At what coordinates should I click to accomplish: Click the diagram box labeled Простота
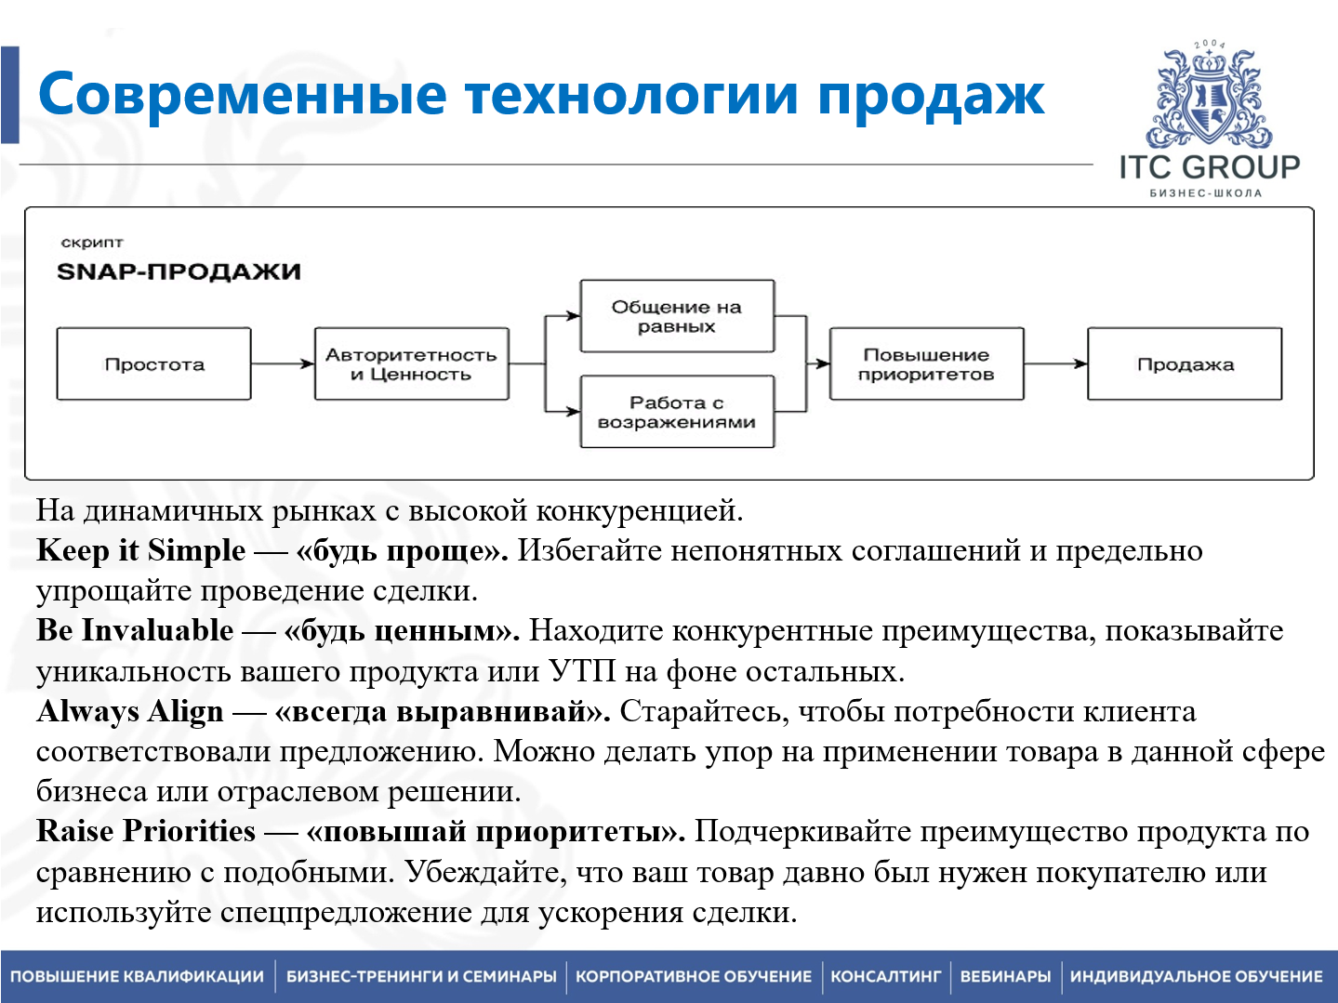153,364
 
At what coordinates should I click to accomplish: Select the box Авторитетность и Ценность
411,364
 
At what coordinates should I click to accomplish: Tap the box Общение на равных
677,316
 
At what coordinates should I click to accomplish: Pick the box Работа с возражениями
677,412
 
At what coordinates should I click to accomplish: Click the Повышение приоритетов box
926,364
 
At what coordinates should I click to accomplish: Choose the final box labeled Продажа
1185,364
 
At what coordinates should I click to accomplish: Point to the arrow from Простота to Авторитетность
283,364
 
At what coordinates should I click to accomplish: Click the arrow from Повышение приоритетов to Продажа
1055,364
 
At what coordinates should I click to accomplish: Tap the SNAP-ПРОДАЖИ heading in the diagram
179,272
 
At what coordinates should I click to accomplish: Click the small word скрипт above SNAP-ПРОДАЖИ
91,243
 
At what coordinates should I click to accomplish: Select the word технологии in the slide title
631,95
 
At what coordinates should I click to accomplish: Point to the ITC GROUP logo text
1209,167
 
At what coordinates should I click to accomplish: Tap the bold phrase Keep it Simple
140,550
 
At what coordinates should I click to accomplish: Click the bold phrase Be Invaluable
135,630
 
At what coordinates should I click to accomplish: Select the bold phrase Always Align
130,711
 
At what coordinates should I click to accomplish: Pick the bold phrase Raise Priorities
146,831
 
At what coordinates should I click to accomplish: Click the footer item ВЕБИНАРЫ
1005,977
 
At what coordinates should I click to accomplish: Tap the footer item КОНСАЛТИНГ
885,977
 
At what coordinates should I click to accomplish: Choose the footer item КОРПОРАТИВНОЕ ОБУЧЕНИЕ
694,977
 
